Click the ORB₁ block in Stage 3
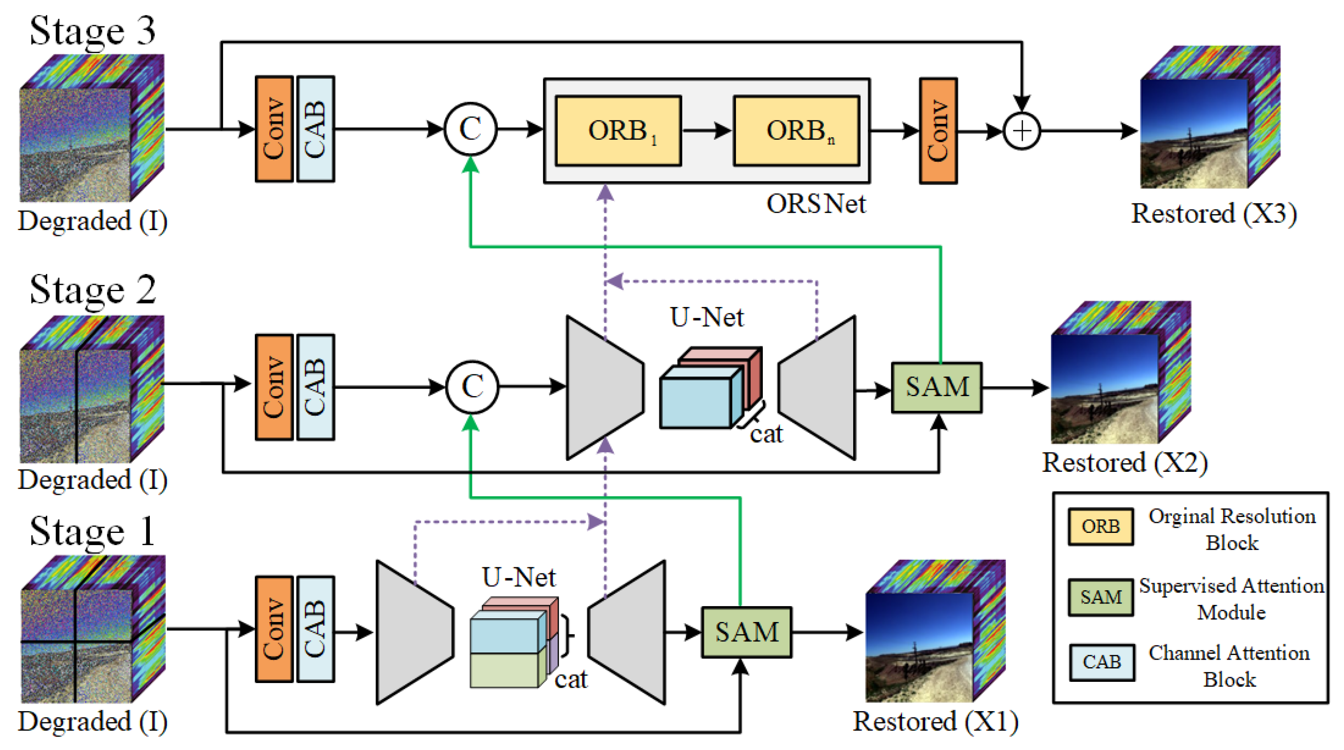pos(618,131)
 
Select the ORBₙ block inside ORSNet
pos(796,131)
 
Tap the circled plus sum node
pos(1021,131)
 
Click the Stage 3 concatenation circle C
pos(470,129)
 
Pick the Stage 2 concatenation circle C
pos(472,387)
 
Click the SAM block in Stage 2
pos(937,387)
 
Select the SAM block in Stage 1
pos(746,632)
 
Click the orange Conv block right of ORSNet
pos(938,131)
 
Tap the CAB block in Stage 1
pos(315,628)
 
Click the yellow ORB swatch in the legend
pos(1100,526)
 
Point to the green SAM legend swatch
pos(1100,596)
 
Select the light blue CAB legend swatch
pos(1101,662)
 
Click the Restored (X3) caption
pos(1213,214)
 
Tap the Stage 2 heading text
pos(93,289)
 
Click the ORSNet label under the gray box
pos(816,204)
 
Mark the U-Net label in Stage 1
pos(518,577)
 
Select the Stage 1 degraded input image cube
pos(92,628)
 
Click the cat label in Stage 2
pos(766,434)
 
